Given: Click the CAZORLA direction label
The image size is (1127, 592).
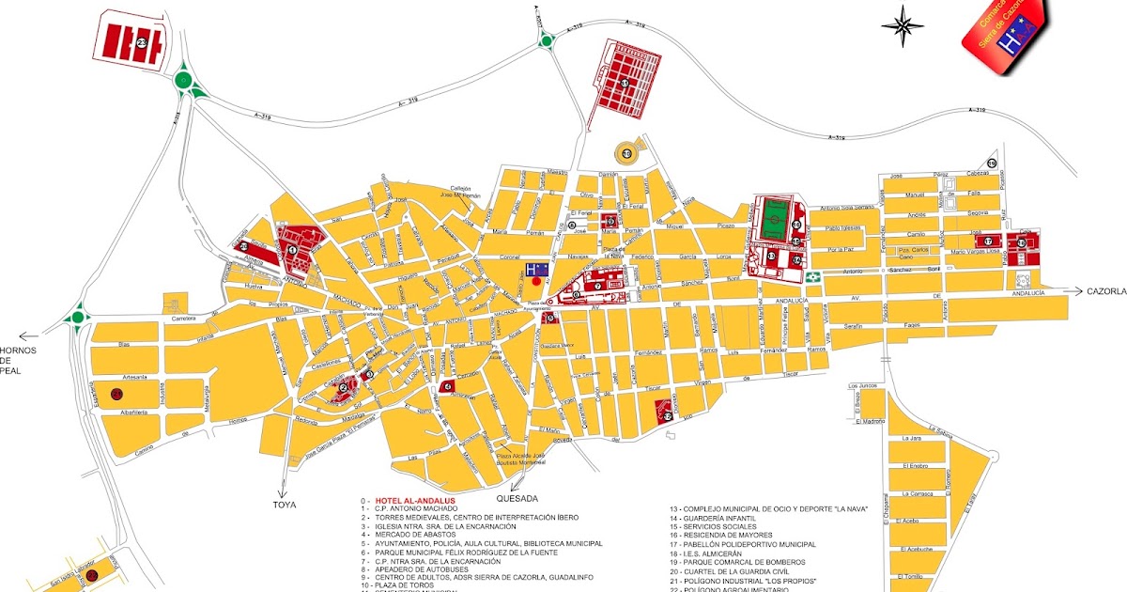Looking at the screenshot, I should pyautogui.click(x=1105, y=291).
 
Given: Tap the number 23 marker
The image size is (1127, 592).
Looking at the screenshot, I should pyautogui.click(x=142, y=43).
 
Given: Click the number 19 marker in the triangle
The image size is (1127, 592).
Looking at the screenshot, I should pyautogui.click(x=992, y=164).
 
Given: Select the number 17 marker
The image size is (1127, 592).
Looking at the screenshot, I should pyautogui.click(x=987, y=241).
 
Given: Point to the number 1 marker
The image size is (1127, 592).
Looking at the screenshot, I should pyautogui.click(x=292, y=250).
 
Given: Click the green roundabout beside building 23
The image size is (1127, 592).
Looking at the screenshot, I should pyautogui.click(x=184, y=81).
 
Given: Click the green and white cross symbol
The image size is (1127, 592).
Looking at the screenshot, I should pyautogui.click(x=814, y=277).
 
